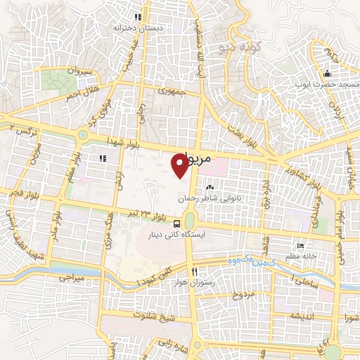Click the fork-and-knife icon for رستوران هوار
tap(193, 271)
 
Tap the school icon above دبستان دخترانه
tap(139, 17)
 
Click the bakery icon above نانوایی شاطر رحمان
tap(210, 188)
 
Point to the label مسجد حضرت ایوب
tap(326, 84)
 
